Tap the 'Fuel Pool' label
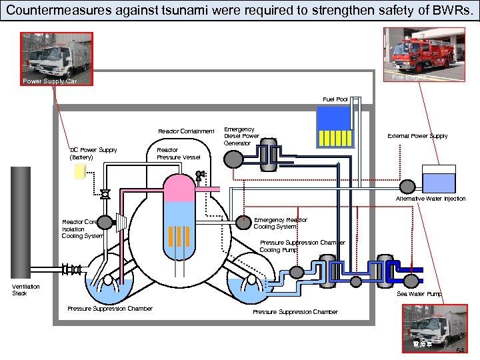(x=335, y=99)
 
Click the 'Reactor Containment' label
(x=186, y=131)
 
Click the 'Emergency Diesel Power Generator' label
(x=241, y=136)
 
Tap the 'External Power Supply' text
(x=417, y=136)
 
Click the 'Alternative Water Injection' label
(x=431, y=199)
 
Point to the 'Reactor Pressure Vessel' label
(x=178, y=153)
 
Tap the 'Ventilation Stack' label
(x=26, y=290)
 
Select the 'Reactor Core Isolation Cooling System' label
(x=82, y=229)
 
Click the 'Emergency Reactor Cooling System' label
(x=280, y=223)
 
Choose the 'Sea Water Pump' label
(x=419, y=293)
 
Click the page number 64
(x=460, y=351)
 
